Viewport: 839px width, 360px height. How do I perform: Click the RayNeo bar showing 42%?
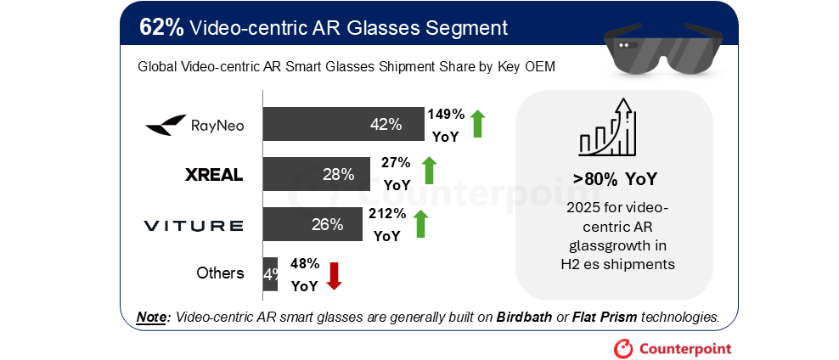pos(343,124)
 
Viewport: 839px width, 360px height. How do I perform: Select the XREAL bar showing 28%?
pos(316,174)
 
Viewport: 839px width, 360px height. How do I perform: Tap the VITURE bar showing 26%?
pos(311,224)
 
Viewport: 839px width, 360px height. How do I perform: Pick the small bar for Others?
pos(270,273)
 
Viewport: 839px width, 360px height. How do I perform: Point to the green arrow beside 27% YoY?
pos(429,171)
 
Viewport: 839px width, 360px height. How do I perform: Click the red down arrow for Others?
pos(334,275)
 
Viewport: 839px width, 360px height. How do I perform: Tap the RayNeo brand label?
pos(195,126)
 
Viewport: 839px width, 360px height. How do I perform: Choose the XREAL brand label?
pos(214,176)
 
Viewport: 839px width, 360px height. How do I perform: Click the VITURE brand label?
pos(194,225)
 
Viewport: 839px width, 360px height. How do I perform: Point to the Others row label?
pos(220,273)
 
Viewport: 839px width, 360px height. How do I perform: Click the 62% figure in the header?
pos(161,27)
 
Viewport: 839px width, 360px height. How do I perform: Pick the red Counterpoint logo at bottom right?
pos(672,348)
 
